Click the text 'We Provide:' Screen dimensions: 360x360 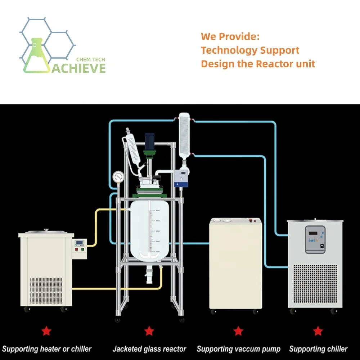tap(230, 36)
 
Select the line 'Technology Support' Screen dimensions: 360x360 tap(250, 50)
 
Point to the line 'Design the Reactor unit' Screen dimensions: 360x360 tap(258, 64)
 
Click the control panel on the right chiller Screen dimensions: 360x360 tap(315, 239)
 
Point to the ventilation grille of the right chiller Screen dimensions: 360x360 tap(316, 284)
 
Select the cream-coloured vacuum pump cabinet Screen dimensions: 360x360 tap(236, 265)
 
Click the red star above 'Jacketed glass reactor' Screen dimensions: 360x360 tap(149, 330)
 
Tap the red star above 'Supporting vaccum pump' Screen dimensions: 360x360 tap(238, 330)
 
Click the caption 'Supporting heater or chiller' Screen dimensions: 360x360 tap(47, 349)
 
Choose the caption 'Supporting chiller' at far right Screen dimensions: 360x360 tap(318, 349)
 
